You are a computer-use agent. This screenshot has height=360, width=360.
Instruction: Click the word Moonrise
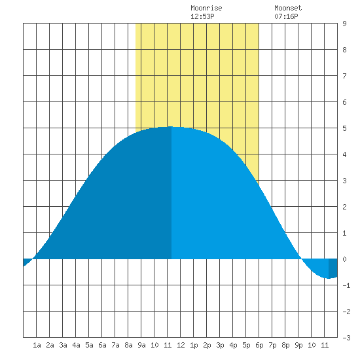click(206, 8)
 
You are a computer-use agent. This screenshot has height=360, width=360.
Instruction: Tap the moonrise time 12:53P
click(202, 16)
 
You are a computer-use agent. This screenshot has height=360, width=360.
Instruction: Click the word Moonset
click(288, 8)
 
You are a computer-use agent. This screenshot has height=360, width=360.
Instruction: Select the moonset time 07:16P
click(286, 16)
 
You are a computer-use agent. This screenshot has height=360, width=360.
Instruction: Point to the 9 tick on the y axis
click(344, 24)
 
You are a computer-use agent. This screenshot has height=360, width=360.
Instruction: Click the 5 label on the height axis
click(344, 128)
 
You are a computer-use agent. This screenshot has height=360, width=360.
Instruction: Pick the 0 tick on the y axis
click(344, 259)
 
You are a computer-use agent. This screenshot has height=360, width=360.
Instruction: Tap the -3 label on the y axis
click(346, 338)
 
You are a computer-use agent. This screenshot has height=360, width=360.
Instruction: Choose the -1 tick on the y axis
click(346, 285)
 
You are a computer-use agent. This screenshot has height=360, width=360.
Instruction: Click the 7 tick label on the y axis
click(344, 76)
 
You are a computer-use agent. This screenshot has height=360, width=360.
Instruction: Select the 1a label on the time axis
click(37, 345)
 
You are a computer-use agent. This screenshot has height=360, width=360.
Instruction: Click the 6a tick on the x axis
click(102, 345)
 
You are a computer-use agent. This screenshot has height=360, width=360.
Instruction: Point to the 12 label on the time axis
click(181, 345)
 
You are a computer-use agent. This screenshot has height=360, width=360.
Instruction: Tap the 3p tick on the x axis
click(220, 345)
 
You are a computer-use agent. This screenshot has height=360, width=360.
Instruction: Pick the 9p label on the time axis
click(298, 345)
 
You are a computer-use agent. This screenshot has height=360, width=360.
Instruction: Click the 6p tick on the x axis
click(259, 345)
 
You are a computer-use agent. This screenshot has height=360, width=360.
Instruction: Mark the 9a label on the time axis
click(141, 345)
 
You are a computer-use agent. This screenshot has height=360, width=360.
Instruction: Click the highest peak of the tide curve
click(171, 126)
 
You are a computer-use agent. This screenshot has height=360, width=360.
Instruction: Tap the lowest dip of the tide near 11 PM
click(329, 278)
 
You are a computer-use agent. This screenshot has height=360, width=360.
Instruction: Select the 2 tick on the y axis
click(344, 207)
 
